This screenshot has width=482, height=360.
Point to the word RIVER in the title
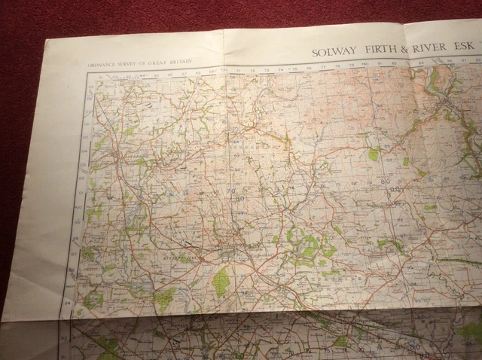(429, 50)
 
